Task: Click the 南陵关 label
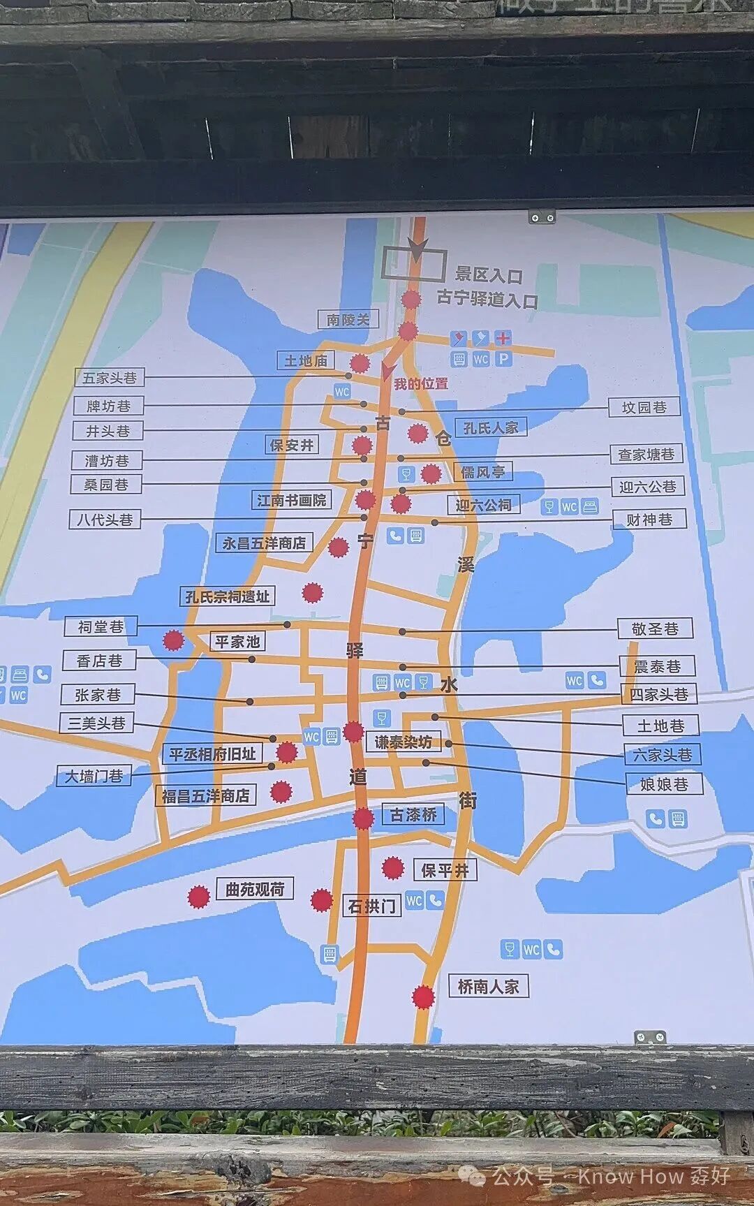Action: (348, 320)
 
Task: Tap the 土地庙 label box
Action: (306, 360)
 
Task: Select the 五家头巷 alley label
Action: (110, 378)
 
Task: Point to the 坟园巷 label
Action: (644, 406)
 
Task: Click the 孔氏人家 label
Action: (491, 427)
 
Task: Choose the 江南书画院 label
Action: (291, 500)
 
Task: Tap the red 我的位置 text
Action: (421, 384)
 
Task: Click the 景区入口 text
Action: (489, 275)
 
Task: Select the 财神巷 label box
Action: (649, 519)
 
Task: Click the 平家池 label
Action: (237, 641)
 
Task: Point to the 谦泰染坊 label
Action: (403, 742)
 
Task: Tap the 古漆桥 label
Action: (413, 814)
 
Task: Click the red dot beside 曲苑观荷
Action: (199, 897)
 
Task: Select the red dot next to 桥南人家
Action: (422, 997)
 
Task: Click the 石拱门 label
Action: (371, 906)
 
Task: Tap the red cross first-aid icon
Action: (503, 339)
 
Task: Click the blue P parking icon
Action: (503, 359)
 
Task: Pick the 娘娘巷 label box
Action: (663, 784)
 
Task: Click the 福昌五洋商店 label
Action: (205, 795)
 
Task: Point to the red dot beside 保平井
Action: (393, 868)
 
